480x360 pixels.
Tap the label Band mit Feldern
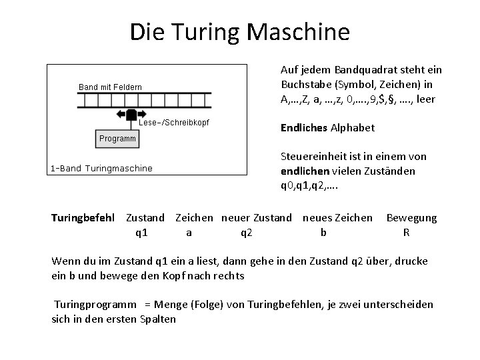pos(109,87)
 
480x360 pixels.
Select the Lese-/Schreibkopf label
pos(174,123)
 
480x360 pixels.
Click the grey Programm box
pos(117,139)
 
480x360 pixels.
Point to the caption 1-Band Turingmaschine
pos(101,169)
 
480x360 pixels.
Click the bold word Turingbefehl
pos(83,218)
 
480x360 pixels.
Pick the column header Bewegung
pos(411,218)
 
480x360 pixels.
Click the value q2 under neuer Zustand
pos(247,233)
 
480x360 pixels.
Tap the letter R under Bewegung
pos(406,233)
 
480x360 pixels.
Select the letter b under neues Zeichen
pos(323,233)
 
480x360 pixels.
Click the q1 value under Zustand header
pos(141,233)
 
